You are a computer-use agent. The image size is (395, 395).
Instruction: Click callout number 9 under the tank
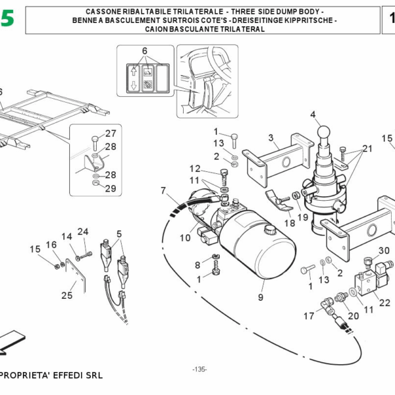pos(260,297)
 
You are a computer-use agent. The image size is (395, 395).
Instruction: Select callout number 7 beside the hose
pos(163,191)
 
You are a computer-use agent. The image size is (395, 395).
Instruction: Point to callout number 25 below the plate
pos(66,295)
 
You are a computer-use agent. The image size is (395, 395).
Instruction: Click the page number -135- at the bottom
pos(199,369)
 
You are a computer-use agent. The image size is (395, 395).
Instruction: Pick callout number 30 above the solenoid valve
pos(384,250)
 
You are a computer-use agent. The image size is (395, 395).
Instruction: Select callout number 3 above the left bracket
pos(270,138)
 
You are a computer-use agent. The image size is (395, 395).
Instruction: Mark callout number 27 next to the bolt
pos(111,133)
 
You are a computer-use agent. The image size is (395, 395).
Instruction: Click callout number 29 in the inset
pos(111,188)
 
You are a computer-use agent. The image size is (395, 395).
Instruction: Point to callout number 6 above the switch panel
pos(144,51)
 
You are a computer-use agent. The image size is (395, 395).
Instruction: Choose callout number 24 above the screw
pos(82,231)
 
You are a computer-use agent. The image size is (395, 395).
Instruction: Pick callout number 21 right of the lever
pos(367,149)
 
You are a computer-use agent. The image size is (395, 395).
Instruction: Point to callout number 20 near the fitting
pos(353,315)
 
